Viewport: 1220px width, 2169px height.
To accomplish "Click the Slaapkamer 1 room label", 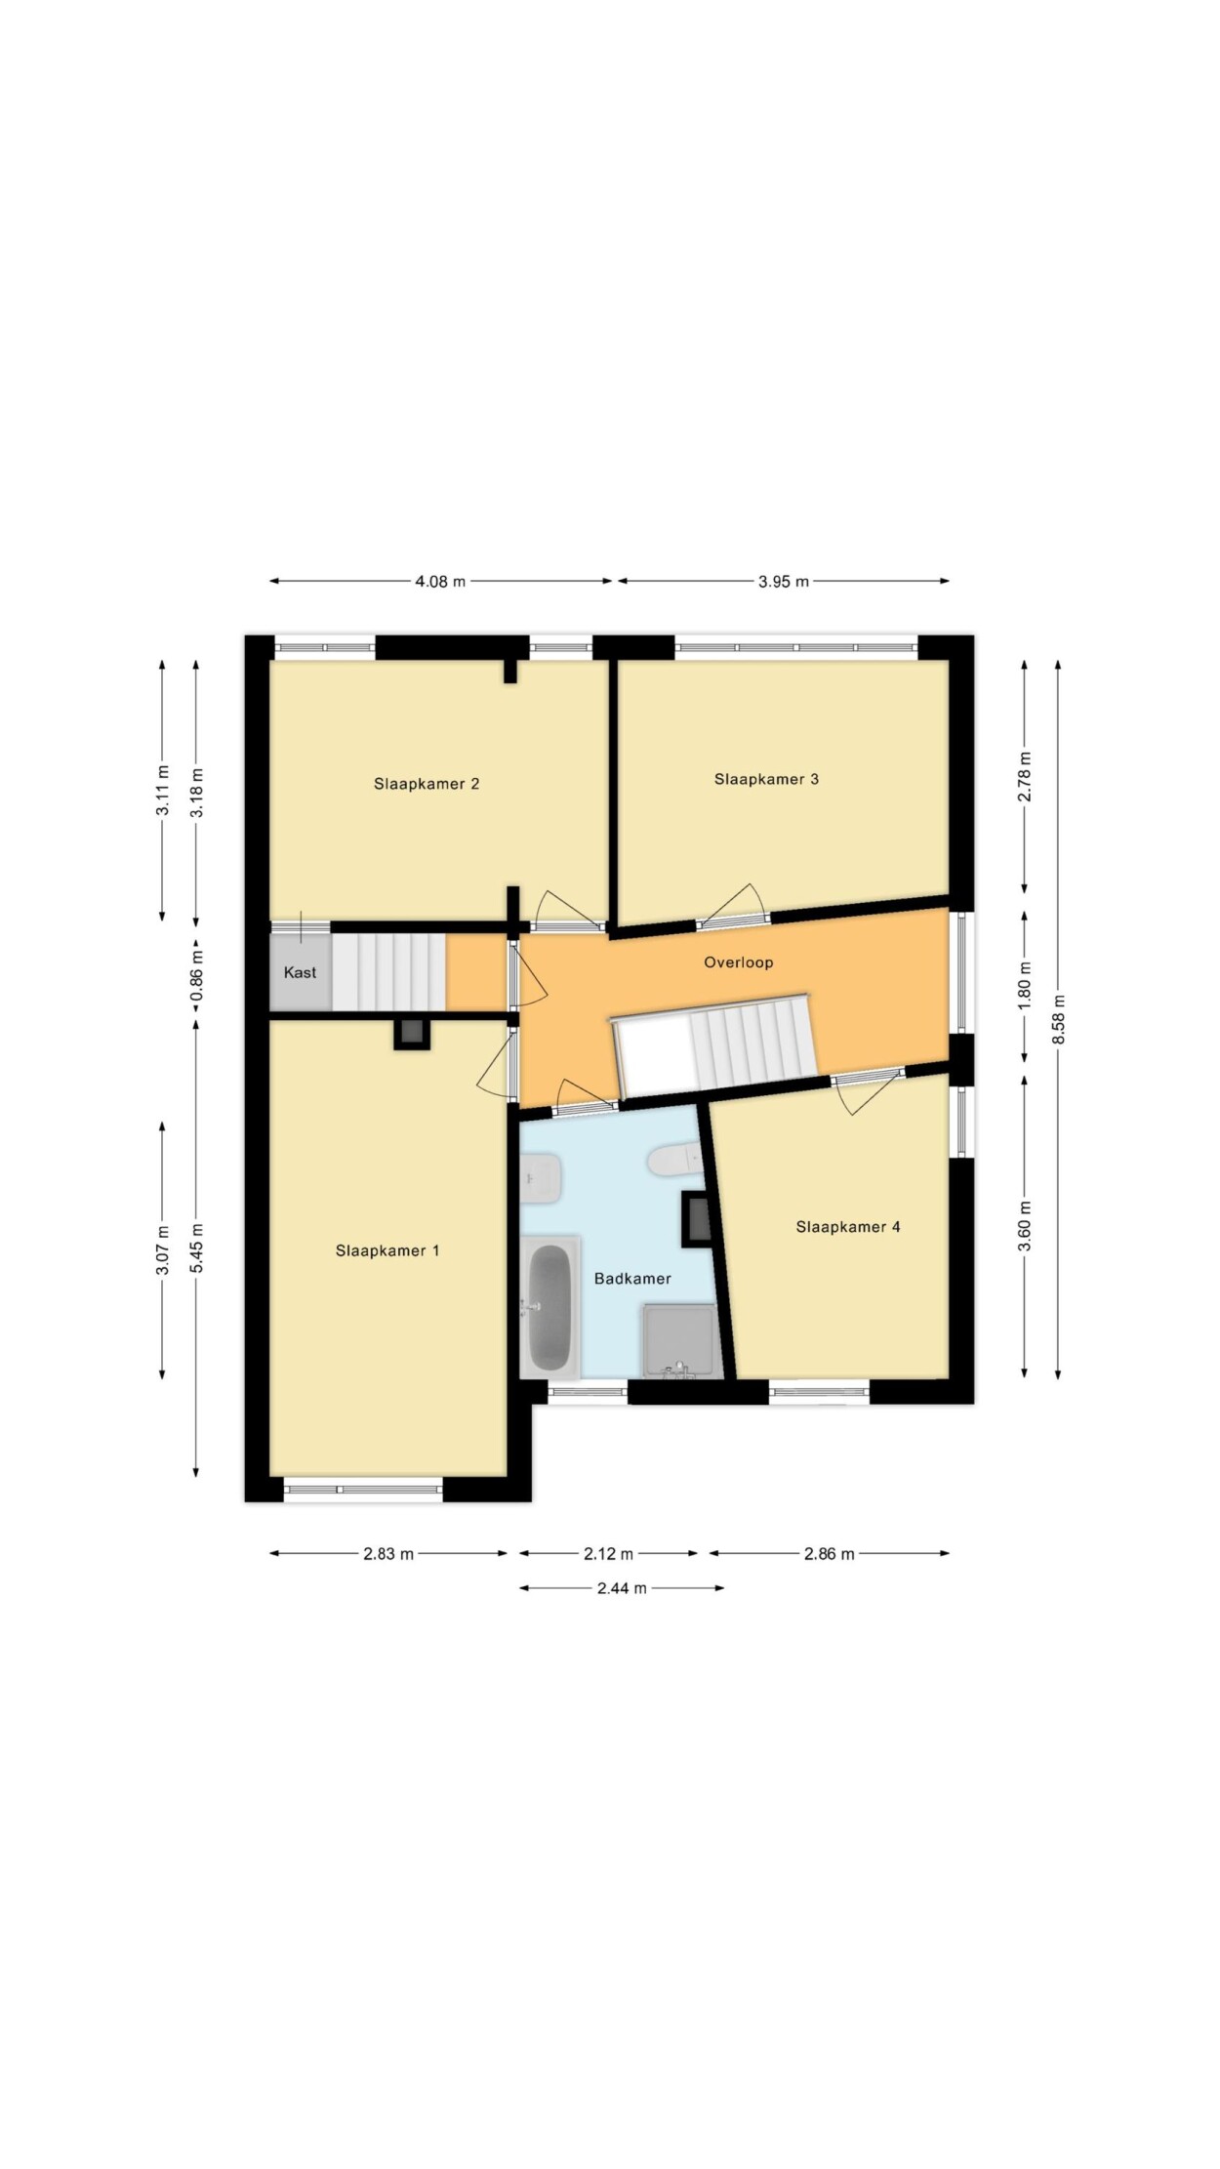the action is point(387,1250).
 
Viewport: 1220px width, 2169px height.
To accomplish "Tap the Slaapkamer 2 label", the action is point(427,784).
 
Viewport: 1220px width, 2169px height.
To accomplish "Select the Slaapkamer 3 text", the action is point(766,779).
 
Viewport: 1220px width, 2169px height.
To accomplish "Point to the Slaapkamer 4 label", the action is point(848,1227).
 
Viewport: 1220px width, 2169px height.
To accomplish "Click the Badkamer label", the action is point(632,1279).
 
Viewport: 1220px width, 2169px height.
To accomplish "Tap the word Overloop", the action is point(739,962).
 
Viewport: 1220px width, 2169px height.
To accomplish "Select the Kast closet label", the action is point(301,972).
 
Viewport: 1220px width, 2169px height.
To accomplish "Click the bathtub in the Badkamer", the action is point(549,1307).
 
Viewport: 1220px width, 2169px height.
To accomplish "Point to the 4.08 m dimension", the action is point(440,582).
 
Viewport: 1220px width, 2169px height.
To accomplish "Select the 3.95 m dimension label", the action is point(784,582).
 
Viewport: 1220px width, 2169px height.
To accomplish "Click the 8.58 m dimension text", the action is point(1058,1019).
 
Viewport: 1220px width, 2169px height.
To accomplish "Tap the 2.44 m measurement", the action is point(622,1588).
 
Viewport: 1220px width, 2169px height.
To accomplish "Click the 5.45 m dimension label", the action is point(196,1248).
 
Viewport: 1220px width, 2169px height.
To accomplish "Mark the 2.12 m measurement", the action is point(608,1554).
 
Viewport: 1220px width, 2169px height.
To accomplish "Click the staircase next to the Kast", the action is point(388,972).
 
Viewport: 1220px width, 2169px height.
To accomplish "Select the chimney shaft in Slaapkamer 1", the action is point(411,1034).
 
